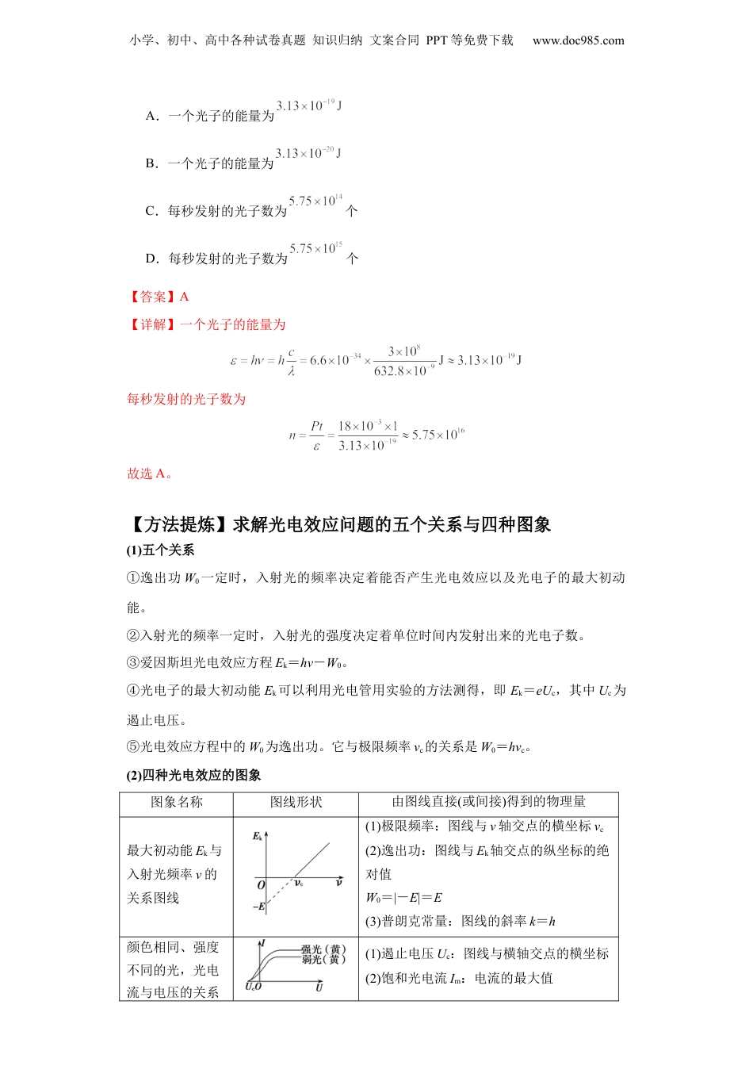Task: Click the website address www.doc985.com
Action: coord(578,40)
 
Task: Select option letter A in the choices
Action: coord(151,116)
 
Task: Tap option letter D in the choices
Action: coord(151,259)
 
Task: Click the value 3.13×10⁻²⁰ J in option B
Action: coord(308,153)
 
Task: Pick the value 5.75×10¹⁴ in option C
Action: coord(315,201)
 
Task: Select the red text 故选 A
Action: coord(150,474)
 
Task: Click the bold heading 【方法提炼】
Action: coord(178,524)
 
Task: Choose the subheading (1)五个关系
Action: coord(160,550)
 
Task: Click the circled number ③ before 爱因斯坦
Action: coord(133,662)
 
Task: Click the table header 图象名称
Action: coord(177,803)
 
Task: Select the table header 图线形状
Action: coord(296,803)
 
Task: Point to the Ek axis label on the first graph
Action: coord(258,836)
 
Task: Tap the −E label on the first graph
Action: coord(258,906)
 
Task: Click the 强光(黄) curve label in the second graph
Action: coord(323,949)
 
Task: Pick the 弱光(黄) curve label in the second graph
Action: coord(323,960)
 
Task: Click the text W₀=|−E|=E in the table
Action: coord(403,898)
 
